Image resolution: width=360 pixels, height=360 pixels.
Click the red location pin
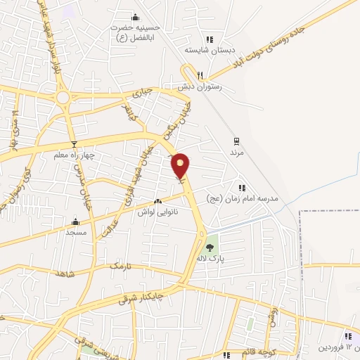click(x=181, y=165)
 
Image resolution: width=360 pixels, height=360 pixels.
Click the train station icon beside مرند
click(x=236, y=140)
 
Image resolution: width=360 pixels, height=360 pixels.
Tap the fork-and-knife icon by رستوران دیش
click(x=200, y=75)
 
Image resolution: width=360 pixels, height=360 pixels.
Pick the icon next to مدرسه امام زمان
click(x=242, y=188)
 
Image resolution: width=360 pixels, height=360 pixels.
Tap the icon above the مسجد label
click(x=75, y=221)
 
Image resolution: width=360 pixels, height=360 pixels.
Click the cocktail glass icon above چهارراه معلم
click(x=74, y=144)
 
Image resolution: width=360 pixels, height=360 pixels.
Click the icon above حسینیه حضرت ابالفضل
click(x=136, y=18)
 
